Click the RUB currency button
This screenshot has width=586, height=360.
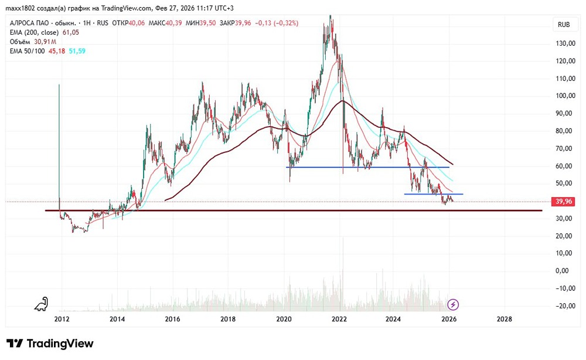pyautogui.click(x=564, y=25)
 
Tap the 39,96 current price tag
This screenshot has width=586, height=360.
pyautogui.click(x=564, y=201)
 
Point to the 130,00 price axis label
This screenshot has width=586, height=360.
pyautogui.click(x=564, y=43)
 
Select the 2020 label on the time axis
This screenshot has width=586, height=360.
pyautogui.click(x=284, y=319)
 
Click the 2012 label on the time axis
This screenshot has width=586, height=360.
pyautogui.click(x=62, y=319)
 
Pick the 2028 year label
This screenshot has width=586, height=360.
pyautogui.click(x=504, y=319)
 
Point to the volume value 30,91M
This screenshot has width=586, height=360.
pyautogui.click(x=45, y=42)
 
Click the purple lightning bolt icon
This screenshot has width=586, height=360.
pyautogui.click(x=453, y=304)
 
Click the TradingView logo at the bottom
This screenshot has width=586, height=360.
pyautogui.click(x=50, y=344)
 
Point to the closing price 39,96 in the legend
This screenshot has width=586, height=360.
pyautogui.click(x=243, y=23)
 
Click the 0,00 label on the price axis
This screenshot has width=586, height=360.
pyautogui.click(x=564, y=271)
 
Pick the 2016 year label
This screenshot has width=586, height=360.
pyautogui.click(x=172, y=319)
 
